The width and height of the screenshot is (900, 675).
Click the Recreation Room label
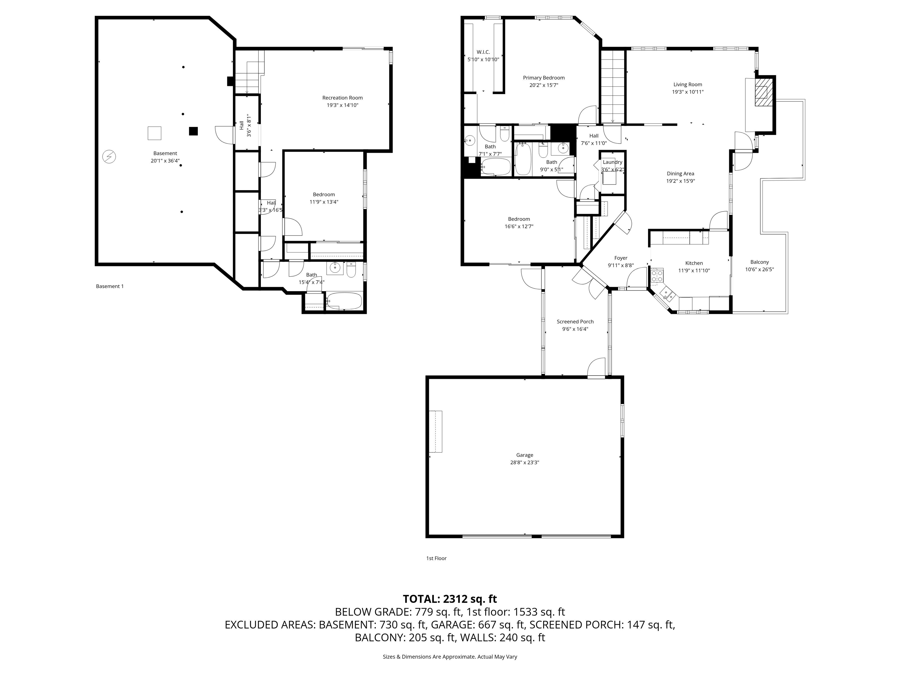[342, 98]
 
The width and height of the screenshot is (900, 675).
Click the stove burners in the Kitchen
[657, 276]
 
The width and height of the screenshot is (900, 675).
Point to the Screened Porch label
[575, 321]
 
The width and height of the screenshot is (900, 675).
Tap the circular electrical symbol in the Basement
[109, 157]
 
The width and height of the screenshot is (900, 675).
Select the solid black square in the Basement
[193, 131]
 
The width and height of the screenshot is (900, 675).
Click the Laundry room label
[612, 162]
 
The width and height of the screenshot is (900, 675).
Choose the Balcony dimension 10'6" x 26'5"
[759, 269]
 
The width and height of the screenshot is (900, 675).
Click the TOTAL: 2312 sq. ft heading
[450, 599]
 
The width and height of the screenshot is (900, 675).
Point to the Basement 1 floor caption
[110, 286]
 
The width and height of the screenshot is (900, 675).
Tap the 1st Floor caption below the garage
[436, 558]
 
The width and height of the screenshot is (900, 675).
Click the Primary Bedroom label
[543, 78]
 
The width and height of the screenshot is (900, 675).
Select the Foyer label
[621, 258]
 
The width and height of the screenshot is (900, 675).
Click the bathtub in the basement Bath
[344, 301]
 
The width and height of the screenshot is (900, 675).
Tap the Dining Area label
[680, 174]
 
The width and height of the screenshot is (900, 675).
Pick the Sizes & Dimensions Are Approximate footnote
[450, 657]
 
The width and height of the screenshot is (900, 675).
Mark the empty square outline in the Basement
[154, 133]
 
